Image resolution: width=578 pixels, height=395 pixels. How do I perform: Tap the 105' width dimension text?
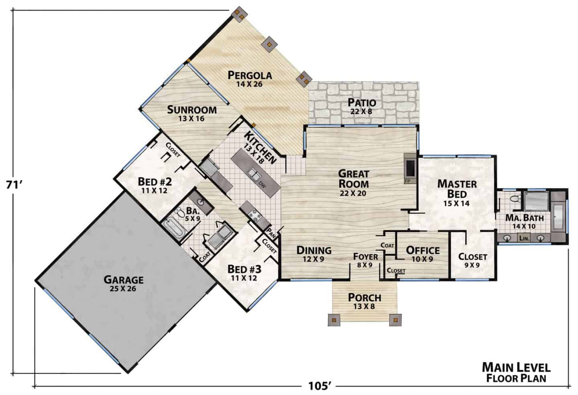click(x=320, y=386)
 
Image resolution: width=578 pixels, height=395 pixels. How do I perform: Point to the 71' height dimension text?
click(x=15, y=185)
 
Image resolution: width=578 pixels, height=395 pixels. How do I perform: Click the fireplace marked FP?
click(x=410, y=168)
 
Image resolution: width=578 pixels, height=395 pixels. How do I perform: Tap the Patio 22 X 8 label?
click(x=362, y=106)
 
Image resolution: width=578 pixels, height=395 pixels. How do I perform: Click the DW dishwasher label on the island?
click(x=262, y=184)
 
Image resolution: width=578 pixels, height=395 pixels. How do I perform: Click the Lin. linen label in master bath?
click(x=524, y=238)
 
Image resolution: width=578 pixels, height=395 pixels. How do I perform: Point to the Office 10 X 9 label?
click(x=423, y=254)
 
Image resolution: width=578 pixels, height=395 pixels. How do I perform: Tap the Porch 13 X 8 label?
click(x=364, y=301)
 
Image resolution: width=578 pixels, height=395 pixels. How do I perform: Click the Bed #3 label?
click(x=244, y=273)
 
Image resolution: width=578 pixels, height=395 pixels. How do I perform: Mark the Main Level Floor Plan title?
click(x=516, y=373)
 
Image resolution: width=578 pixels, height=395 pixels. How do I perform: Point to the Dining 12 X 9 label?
click(x=314, y=254)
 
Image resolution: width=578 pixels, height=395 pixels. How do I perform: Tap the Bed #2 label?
click(x=155, y=186)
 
